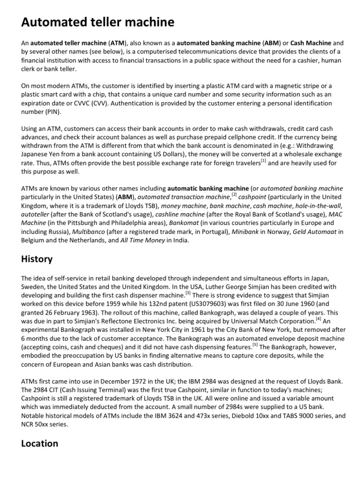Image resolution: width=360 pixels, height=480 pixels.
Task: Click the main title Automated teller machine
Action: click(x=97, y=22)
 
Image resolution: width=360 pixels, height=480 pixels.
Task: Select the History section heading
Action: click(x=37, y=259)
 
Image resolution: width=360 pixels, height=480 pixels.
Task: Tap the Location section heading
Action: click(x=40, y=443)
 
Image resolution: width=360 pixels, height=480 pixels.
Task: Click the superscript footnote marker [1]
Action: click(x=263, y=161)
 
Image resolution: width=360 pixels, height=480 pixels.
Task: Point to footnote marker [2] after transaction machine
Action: click(x=234, y=195)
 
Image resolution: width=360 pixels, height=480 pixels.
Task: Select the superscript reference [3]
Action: click(x=188, y=293)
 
